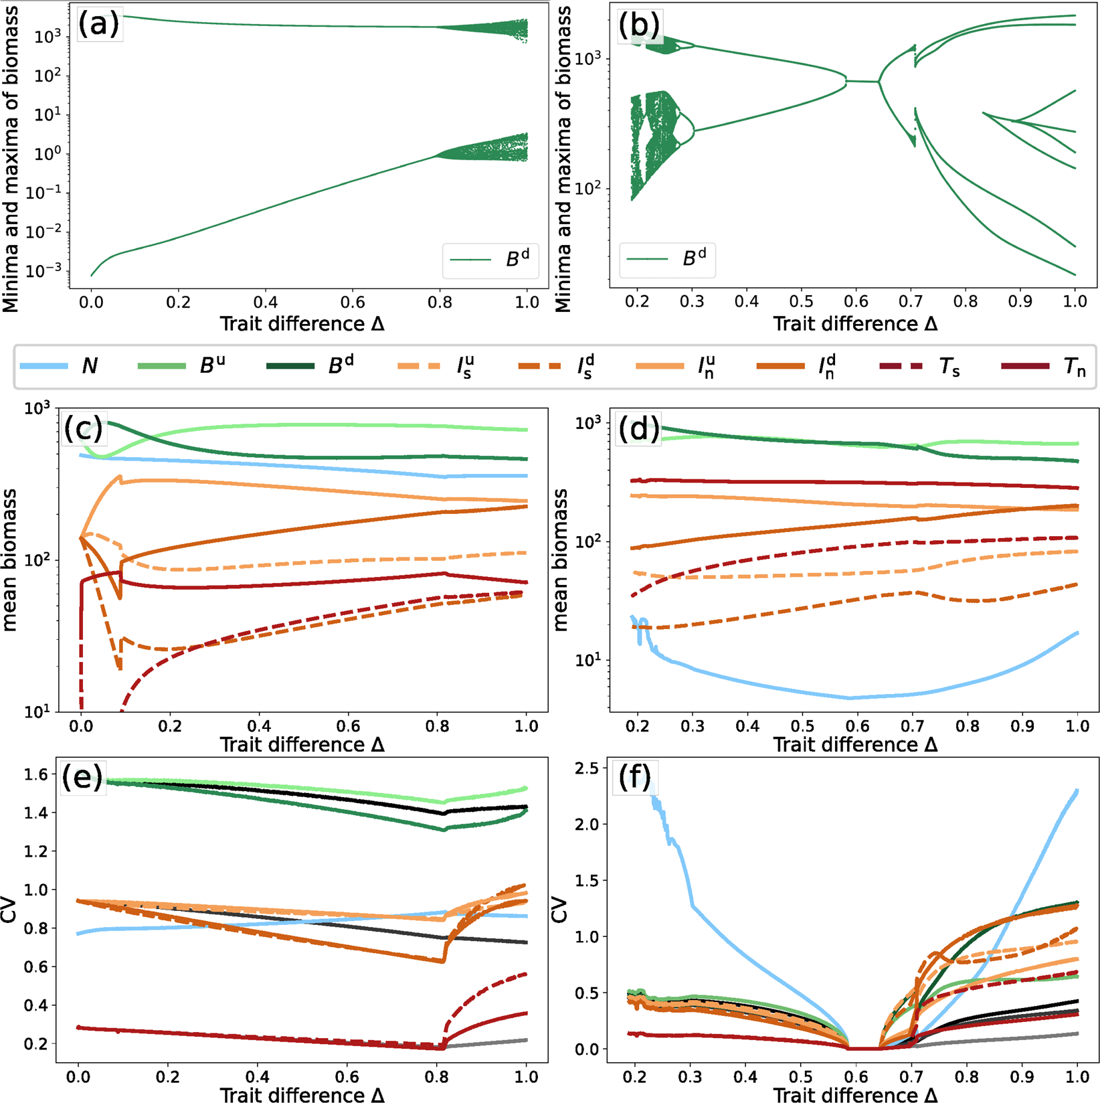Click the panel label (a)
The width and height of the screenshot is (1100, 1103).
(98, 24)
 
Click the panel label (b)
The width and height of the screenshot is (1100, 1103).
(639, 25)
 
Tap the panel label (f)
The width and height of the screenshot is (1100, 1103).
(634, 778)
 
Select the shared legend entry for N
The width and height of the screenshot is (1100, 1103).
(60, 366)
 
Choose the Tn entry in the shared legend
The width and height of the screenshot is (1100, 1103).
(1044, 366)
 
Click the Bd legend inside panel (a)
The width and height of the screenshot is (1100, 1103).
(492, 260)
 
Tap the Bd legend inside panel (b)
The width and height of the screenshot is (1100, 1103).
(668, 260)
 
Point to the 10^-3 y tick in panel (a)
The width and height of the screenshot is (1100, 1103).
(43, 271)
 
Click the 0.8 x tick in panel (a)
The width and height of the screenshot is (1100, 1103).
(440, 303)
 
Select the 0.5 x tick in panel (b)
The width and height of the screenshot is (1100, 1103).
(801, 303)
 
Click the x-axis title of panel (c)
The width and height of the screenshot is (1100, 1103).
(302, 744)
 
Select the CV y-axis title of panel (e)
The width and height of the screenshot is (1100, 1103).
(9, 910)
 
